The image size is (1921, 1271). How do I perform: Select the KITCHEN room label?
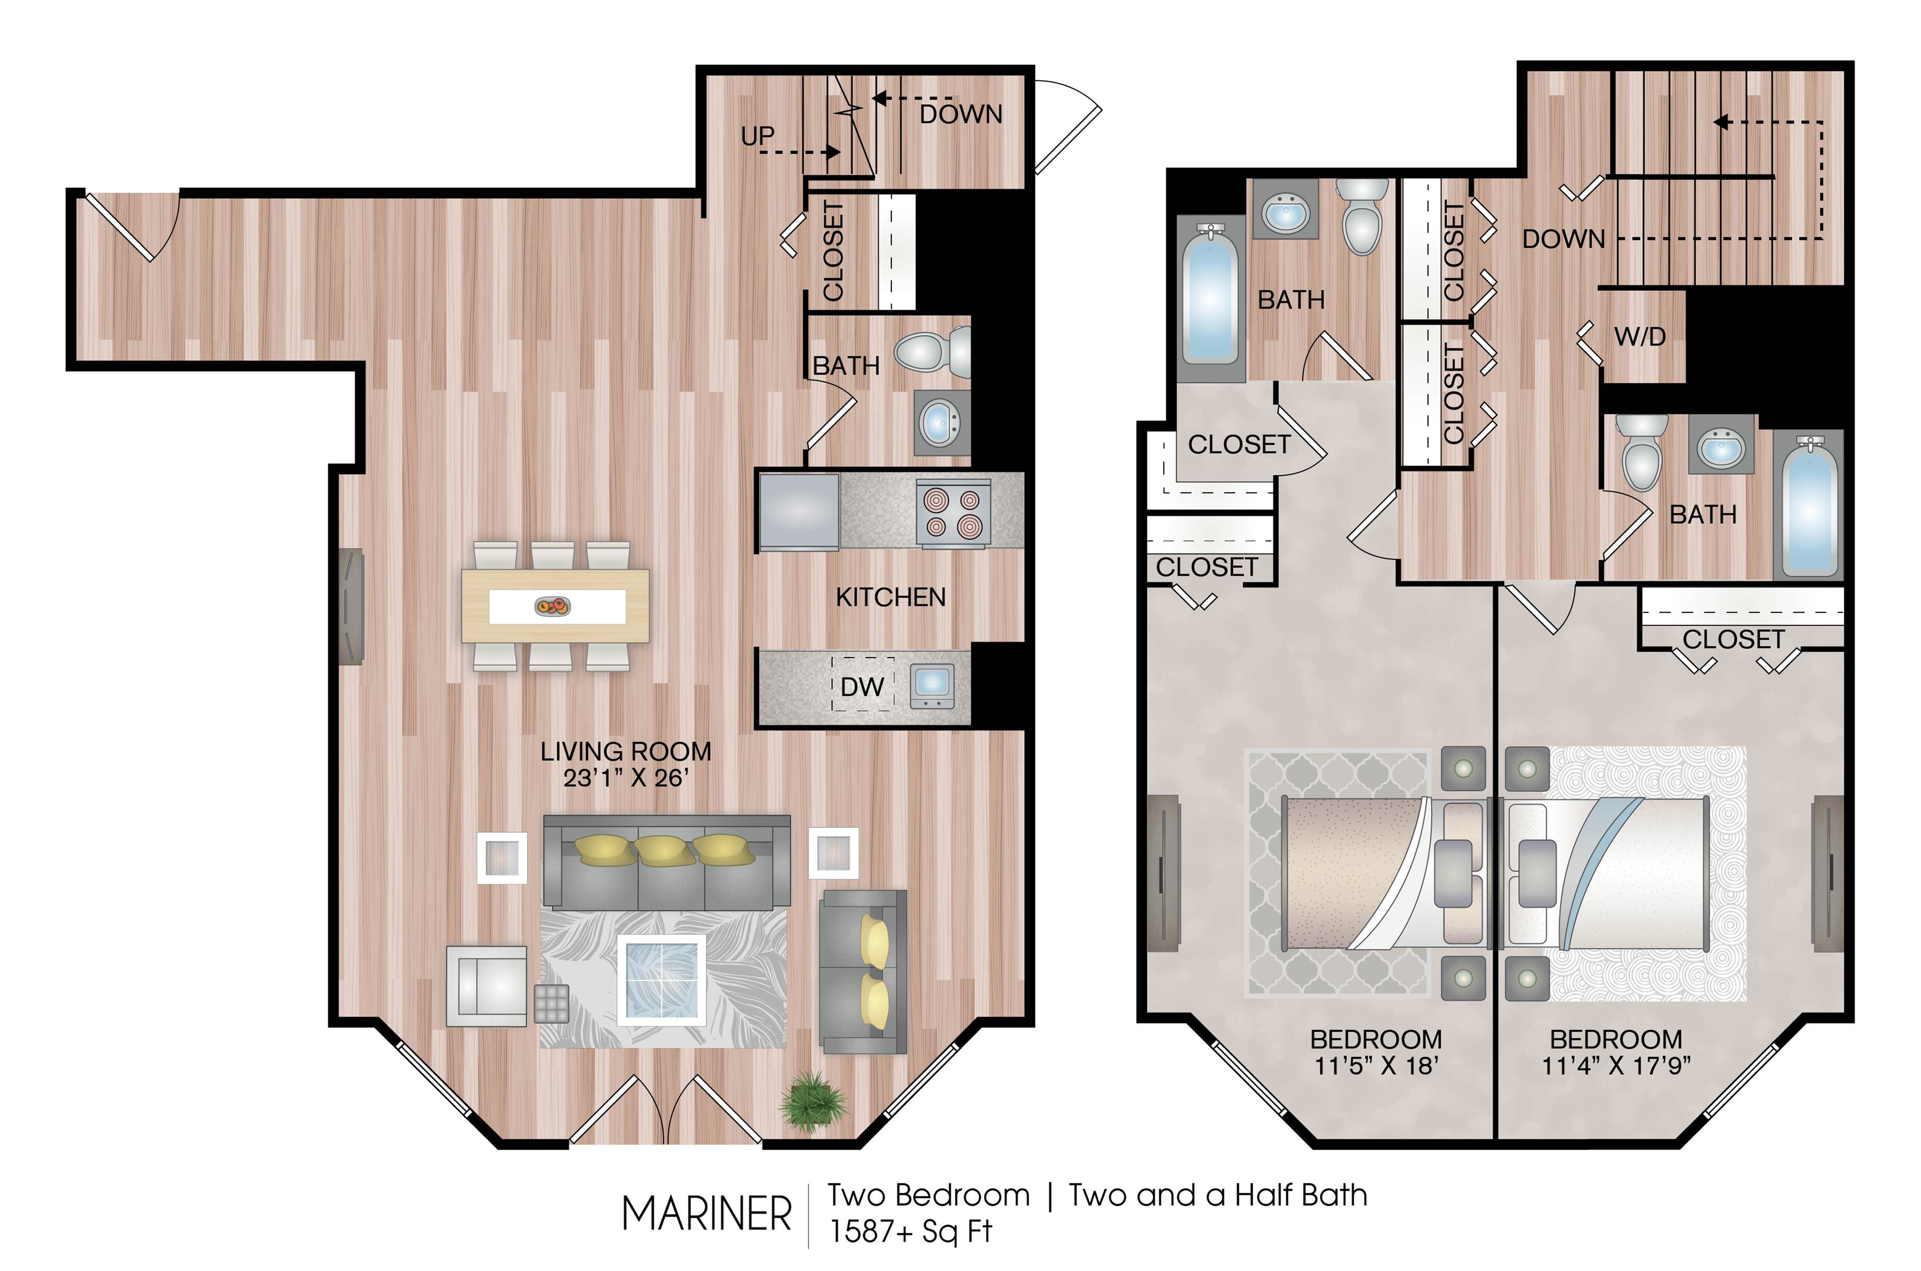[x=890, y=597]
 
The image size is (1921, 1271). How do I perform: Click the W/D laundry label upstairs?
[x=1640, y=336]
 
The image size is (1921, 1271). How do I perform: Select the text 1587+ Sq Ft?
[x=910, y=1231]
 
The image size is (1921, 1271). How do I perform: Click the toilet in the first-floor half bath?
[x=932, y=352]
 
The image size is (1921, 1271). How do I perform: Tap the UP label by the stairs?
[x=757, y=136]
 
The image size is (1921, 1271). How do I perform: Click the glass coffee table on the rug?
[x=661, y=979]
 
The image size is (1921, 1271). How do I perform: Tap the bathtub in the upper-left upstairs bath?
[x=1210, y=300]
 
